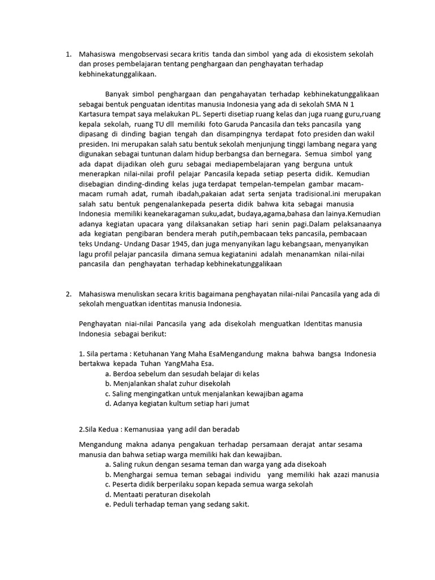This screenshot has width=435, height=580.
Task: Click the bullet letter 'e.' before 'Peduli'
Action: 108,505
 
